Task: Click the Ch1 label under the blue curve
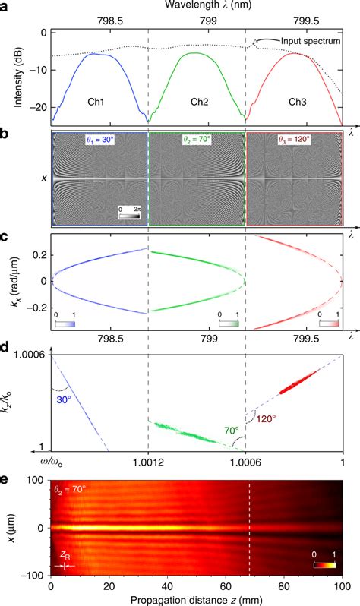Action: pyautogui.click(x=96, y=99)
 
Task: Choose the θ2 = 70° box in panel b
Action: pyautogui.click(x=197, y=140)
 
